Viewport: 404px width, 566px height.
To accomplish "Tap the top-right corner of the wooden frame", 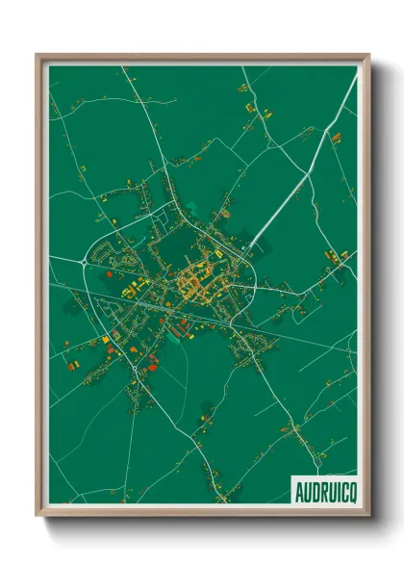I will pos(368,56).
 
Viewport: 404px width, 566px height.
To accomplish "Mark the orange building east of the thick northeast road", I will pos(336,139).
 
